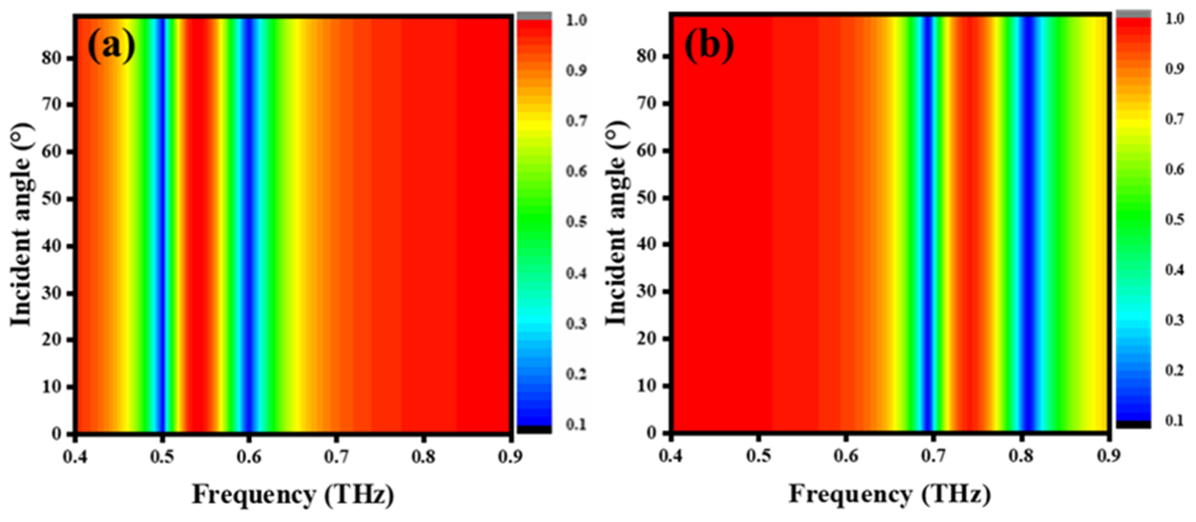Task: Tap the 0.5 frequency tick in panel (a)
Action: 162,457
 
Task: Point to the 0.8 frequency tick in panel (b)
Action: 1021,456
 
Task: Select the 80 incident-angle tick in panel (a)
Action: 52,59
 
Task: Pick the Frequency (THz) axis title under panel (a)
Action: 293,495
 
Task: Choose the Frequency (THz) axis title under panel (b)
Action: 890,494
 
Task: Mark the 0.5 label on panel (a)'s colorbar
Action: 576,222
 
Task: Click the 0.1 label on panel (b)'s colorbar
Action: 1174,421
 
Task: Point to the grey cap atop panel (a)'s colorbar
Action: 535,16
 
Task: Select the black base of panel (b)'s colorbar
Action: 1133,424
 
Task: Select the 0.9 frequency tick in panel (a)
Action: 510,457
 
